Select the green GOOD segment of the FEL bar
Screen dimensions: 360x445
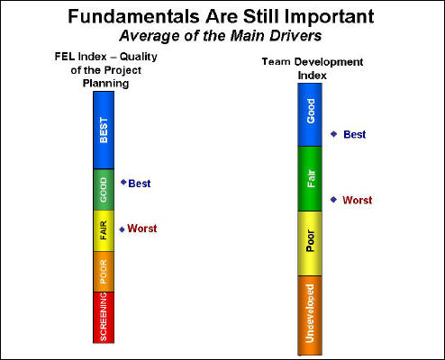[104, 189]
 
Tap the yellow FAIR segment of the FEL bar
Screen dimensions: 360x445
[104, 230]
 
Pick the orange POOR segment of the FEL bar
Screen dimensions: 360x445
[104, 272]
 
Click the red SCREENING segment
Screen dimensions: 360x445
[104, 317]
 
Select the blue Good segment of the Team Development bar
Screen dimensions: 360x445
[311, 115]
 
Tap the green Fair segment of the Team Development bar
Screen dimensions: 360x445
[311, 178]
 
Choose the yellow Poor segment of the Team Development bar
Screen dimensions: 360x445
[311, 243]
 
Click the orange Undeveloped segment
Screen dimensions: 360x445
[311, 314]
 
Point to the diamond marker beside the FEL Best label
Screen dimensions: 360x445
[123, 182]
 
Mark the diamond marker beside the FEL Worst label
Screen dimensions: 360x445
[122, 229]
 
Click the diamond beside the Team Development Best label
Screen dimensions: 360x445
[334, 134]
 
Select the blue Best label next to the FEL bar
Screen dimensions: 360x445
[140, 184]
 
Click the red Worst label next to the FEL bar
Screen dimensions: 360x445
[142, 229]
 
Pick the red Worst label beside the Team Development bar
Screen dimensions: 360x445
[357, 200]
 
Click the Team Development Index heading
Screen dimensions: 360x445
[313, 68]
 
